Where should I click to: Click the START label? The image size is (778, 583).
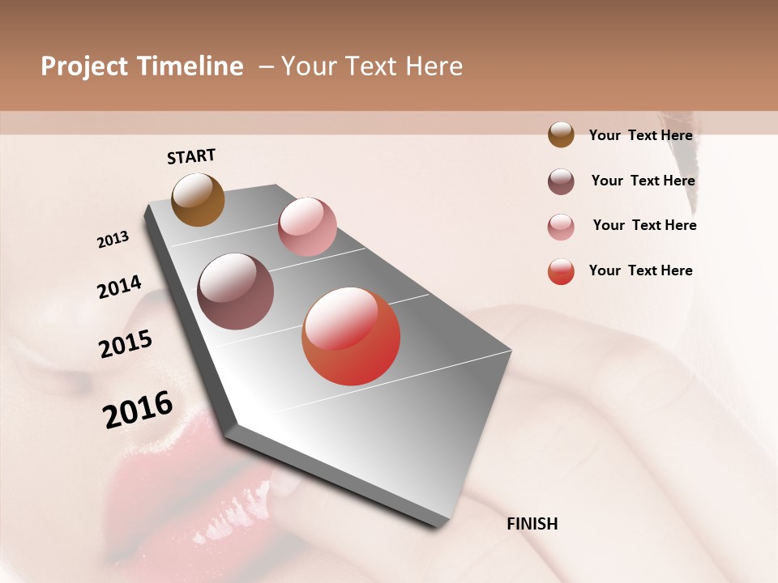pyautogui.click(x=191, y=156)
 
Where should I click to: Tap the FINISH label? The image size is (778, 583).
pyautogui.click(x=532, y=524)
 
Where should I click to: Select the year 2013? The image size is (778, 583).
pyautogui.click(x=113, y=240)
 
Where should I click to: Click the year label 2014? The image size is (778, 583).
pyautogui.click(x=119, y=287)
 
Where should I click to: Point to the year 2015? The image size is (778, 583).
pyautogui.click(x=126, y=344)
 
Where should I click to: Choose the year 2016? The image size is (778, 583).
pyautogui.click(x=138, y=410)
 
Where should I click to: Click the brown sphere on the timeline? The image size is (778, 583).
pyautogui.click(x=198, y=199)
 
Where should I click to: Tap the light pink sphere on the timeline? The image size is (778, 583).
pyautogui.click(x=307, y=227)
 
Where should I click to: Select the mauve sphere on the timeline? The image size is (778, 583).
pyautogui.click(x=236, y=291)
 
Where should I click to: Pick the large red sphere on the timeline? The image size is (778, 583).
pyautogui.click(x=351, y=337)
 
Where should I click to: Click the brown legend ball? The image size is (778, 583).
pyautogui.click(x=561, y=134)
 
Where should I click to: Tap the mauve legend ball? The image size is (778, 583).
pyautogui.click(x=561, y=181)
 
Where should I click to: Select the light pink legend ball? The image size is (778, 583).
pyautogui.click(x=561, y=227)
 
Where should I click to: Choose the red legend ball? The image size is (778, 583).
pyautogui.click(x=561, y=271)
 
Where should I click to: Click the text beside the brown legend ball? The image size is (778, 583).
pyautogui.click(x=640, y=135)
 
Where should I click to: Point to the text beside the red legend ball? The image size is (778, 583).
pyautogui.click(x=640, y=270)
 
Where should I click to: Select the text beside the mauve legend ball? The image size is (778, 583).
pyautogui.click(x=643, y=181)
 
